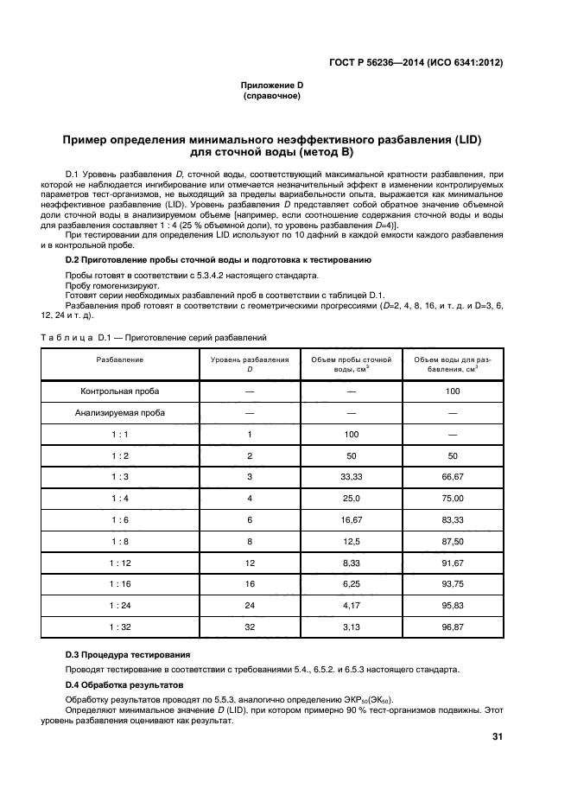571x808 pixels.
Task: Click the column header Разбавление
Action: point(120,358)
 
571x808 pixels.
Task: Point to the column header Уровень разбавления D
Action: point(250,363)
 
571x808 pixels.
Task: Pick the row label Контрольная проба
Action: point(120,391)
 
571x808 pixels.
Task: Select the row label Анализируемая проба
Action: point(120,412)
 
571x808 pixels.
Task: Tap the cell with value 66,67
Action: point(454,476)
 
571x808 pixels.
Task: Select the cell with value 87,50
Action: point(454,541)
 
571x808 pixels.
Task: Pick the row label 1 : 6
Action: point(120,519)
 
